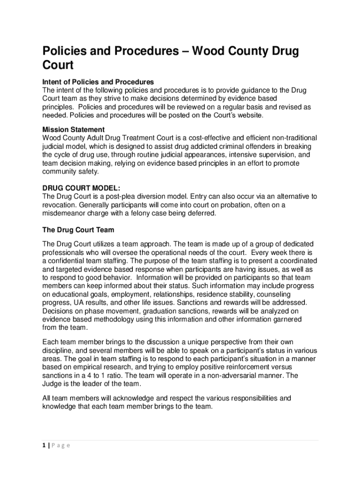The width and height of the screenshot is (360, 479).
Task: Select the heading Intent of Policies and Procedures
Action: point(98,82)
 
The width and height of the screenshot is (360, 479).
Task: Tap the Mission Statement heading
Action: point(73,130)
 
